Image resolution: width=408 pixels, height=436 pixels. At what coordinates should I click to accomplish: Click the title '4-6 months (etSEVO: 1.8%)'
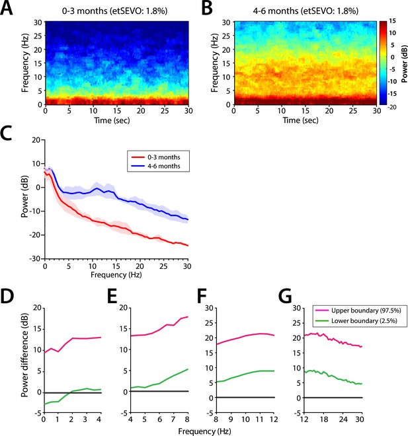pos(306,11)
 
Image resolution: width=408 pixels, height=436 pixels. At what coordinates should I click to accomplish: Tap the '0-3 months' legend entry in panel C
pos(163,157)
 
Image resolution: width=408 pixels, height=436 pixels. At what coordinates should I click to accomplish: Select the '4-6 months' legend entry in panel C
pos(163,166)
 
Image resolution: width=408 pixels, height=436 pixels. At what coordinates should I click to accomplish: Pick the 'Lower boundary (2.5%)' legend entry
pos(364,320)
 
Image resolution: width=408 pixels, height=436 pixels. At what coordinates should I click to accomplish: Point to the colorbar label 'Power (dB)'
pos(404,64)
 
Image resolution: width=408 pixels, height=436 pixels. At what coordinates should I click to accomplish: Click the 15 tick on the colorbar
pos(392,21)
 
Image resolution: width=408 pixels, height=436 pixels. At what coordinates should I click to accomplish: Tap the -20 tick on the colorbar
pos(392,107)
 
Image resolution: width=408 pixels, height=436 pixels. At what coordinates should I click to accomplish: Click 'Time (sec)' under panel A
pos(112,120)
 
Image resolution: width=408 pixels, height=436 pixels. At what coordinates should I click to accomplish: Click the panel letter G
pos(285,297)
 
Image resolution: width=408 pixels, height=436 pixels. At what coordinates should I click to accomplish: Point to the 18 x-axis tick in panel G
pos(323,419)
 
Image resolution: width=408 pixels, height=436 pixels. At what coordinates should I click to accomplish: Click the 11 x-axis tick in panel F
pos(260,419)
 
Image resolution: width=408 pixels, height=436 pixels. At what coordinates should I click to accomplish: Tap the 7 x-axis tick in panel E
pos(174,419)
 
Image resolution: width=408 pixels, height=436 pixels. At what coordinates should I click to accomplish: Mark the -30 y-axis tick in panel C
pos(35,258)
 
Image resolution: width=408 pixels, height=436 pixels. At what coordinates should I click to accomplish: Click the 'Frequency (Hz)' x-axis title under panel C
pos(116,275)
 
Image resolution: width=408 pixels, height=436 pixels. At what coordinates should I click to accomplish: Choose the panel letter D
pos(7,297)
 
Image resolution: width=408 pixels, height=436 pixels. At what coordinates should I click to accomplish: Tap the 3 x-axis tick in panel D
pos(86,419)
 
